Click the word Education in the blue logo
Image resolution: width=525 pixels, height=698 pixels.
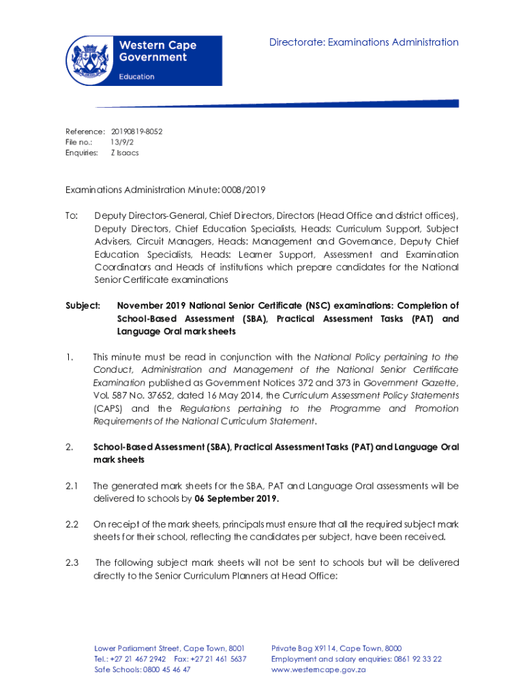point(136,77)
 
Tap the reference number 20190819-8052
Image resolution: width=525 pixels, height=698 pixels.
point(136,131)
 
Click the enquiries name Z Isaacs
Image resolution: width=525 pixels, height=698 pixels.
point(125,153)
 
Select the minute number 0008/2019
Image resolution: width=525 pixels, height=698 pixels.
point(243,189)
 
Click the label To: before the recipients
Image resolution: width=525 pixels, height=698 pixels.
point(72,215)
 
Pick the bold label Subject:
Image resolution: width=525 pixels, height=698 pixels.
point(82,305)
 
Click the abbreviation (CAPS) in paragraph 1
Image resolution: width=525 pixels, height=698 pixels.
point(107,408)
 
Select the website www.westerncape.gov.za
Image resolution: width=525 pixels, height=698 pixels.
point(318,669)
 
